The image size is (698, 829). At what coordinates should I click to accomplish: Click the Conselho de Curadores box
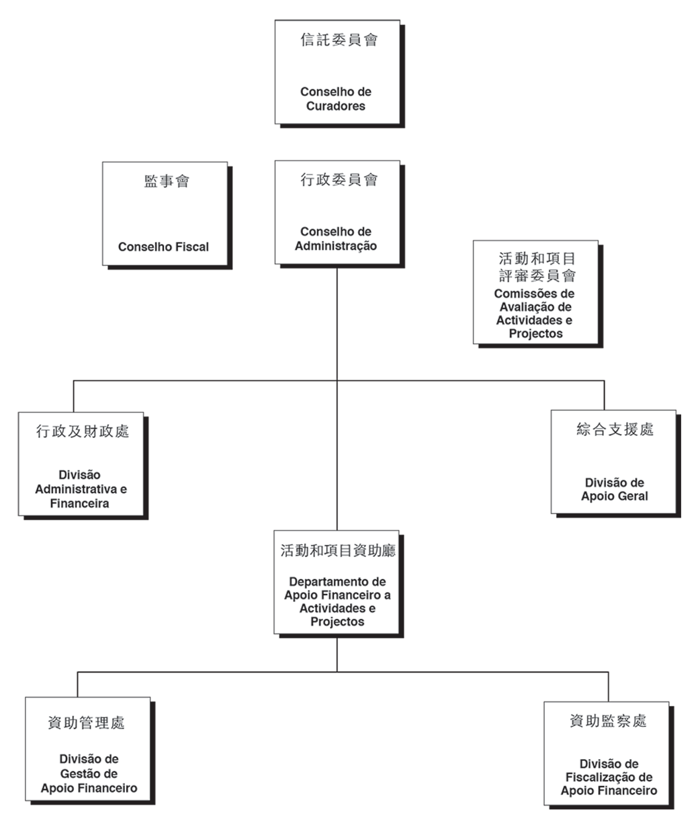coord(337,73)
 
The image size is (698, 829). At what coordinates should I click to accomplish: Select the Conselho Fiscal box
coord(165,214)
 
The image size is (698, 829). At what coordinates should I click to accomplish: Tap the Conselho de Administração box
coord(337,212)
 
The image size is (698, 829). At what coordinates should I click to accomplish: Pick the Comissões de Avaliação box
coord(535,293)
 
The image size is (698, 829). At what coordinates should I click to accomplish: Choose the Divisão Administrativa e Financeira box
coord(81,464)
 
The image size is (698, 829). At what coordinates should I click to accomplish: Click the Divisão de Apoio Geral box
coord(613,462)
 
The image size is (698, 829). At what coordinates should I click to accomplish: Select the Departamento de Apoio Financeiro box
coord(337,582)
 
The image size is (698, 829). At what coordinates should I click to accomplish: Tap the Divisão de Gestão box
coord(88,749)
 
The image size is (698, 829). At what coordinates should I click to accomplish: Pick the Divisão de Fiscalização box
coord(607,754)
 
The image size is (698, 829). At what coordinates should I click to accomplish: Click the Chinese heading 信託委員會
coord(339,40)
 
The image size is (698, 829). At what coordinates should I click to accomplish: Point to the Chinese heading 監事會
coord(167,181)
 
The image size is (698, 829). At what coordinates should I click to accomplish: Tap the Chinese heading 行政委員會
coord(339,179)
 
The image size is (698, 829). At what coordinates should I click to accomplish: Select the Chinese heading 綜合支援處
coord(615,429)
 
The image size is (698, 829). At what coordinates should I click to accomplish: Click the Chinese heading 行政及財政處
coord(82,431)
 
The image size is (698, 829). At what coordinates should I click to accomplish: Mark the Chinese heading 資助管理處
coord(86,723)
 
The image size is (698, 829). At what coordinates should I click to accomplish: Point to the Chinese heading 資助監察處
coord(608,721)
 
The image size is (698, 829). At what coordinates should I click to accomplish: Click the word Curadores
coord(336,106)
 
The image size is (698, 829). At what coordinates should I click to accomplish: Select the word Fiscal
coord(192,247)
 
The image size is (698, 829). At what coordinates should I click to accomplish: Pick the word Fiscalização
coord(609,777)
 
